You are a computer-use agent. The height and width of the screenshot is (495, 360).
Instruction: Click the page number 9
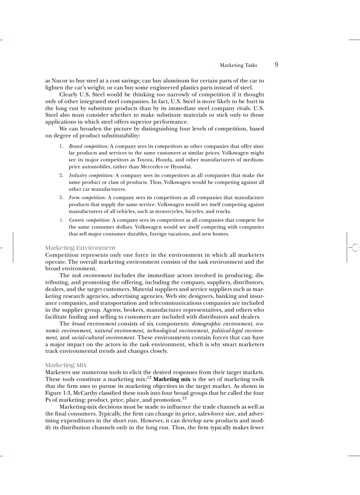[x=276, y=65]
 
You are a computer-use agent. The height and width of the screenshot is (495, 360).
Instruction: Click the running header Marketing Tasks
[x=238, y=65]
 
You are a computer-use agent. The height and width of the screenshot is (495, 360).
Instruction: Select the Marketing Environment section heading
[x=80, y=248]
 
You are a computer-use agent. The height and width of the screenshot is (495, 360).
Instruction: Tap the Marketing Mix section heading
[x=66, y=365]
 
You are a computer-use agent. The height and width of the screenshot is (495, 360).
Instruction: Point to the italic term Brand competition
[x=89, y=146]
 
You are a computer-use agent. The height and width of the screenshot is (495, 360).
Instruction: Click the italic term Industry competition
[x=91, y=175]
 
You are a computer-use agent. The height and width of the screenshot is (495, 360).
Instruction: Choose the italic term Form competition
[x=87, y=198]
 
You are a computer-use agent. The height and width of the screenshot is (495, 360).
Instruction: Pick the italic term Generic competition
[x=90, y=220]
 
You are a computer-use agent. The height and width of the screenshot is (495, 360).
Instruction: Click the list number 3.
[x=61, y=198]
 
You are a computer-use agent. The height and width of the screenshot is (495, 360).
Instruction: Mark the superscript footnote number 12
[x=149, y=378]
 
